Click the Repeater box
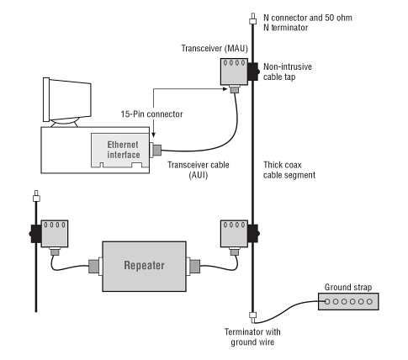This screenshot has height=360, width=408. point(144,267)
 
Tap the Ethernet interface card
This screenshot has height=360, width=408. point(120,151)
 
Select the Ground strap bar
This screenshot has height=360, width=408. point(348,301)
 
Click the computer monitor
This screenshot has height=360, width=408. point(67,102)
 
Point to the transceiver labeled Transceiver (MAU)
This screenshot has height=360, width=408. point(234,71)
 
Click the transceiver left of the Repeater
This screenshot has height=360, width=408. point(55,234)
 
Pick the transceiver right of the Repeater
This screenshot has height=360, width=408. point(234,234)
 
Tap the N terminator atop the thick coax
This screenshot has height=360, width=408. point(253,19)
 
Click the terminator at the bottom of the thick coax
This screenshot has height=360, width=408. point(253,316)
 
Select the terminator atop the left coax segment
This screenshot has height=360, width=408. point(36,197)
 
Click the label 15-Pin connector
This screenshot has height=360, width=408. point(151,114)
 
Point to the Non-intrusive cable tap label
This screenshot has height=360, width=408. point(288,71)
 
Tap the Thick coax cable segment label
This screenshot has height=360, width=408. point(289,170)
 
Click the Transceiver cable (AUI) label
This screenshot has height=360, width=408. point(199,170)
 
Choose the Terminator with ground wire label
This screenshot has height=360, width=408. point(252,337)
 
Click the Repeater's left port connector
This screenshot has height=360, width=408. point(95,266)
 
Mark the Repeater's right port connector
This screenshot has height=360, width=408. point(193,266)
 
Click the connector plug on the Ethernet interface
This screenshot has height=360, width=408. point(156,150)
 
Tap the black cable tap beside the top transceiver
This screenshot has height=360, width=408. point(253,71)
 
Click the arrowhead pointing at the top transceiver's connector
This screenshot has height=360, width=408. point(225,89)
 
